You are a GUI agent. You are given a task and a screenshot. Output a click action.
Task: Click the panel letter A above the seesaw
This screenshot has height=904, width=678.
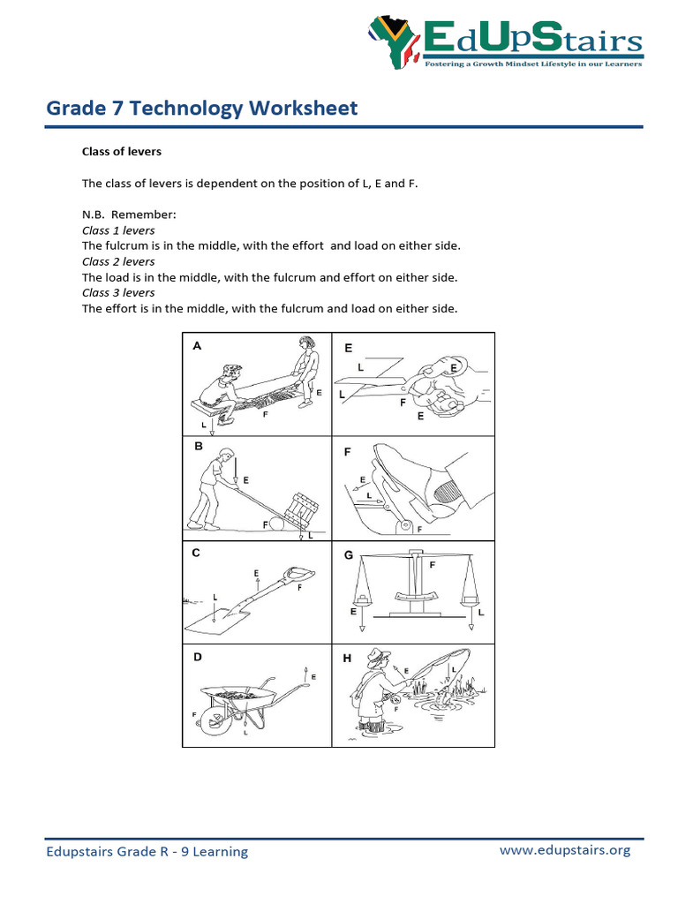point(197,347)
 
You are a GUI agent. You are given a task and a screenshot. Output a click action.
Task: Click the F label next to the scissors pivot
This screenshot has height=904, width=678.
point(403,402)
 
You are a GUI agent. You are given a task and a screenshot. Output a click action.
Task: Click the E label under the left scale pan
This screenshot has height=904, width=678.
point(355,611)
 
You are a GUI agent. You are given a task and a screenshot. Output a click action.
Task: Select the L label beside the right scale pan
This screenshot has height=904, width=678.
point(481,611)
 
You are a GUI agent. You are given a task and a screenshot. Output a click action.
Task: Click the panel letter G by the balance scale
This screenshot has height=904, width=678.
point(348,555)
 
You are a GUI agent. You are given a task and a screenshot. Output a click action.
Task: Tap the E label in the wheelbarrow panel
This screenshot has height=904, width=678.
point(313,676)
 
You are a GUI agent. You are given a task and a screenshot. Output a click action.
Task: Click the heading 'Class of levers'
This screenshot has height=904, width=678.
point(122,152)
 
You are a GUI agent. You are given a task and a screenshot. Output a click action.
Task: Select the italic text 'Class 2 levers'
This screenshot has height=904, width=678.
point(118,261)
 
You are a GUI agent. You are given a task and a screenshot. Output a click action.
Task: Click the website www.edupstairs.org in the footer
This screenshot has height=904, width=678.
point(565,850)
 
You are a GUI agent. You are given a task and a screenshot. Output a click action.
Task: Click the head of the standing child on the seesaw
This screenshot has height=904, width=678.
point(305,342)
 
